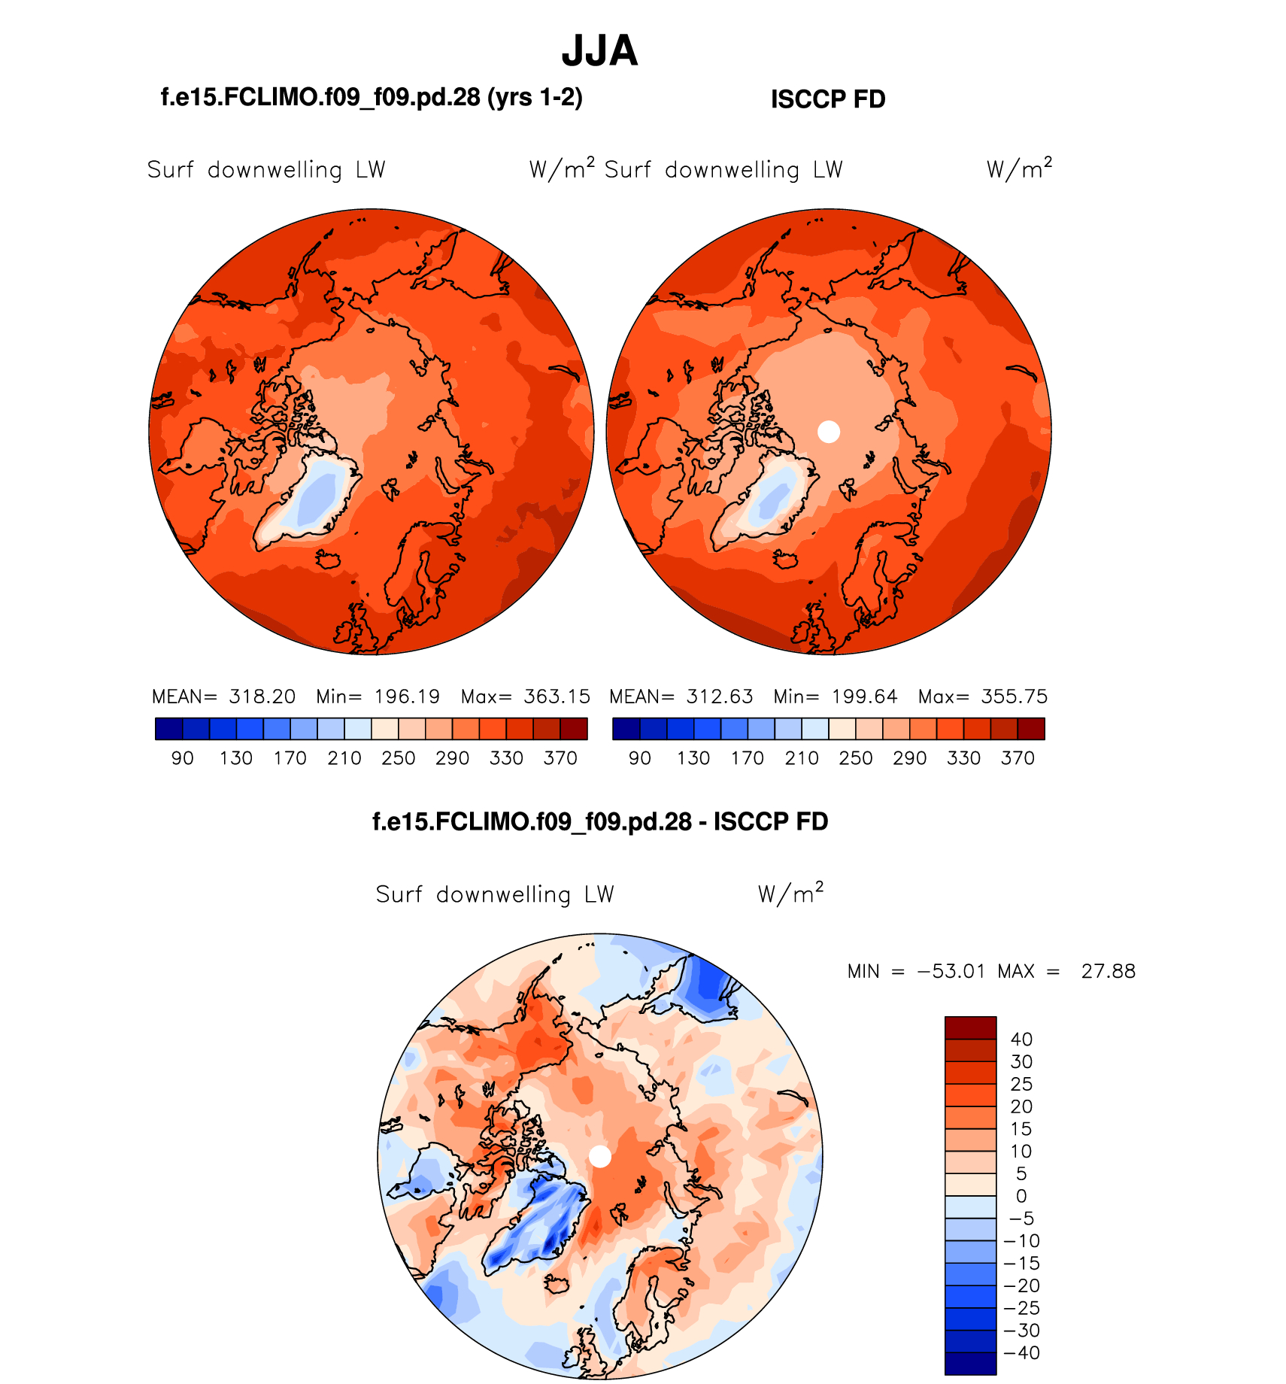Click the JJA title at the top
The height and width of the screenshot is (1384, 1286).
(x=599, y=51)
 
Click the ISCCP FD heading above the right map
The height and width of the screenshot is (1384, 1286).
(x=828, y=99)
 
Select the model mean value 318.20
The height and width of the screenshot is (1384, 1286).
(x=262, y=697)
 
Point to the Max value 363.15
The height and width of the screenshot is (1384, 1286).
(x=557, y=697)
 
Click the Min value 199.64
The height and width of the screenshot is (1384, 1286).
(x=865, y=697)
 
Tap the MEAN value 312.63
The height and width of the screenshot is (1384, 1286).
(x=720, y=697)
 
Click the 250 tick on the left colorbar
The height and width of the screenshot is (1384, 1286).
(x=399, y=758)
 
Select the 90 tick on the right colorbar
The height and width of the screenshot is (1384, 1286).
(x=640, y=758)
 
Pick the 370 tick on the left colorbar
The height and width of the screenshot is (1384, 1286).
(x=560, y=758)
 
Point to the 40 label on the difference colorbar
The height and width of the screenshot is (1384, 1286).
(x=1021, y=1040)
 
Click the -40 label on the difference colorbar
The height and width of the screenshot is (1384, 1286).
(x=1021, y=1353)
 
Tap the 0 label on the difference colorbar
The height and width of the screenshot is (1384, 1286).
(x=1021, y=1196)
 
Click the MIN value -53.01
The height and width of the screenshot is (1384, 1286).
(x=951, y=972)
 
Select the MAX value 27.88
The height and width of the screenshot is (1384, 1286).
(x=1108, y=972)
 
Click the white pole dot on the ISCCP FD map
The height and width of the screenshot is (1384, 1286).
(x=828, y=432)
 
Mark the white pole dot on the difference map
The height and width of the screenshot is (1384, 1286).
(x=600, y=1156)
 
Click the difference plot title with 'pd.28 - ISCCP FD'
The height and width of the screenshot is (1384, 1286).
(x=600, y=821)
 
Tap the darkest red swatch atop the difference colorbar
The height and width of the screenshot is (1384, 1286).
(x=970, y=1027)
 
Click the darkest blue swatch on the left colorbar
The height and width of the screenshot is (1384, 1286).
(x=168, y=729)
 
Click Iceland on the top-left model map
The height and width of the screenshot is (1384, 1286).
(x=328, y=559)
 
